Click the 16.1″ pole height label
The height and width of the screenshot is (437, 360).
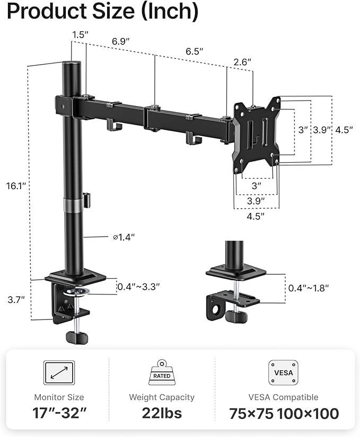17,186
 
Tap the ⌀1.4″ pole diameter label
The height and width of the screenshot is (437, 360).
124,237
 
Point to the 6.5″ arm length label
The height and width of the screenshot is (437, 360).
194,51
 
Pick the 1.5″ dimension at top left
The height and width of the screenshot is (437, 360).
80,34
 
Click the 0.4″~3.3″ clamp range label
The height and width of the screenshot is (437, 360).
138,287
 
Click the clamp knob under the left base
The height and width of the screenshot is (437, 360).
77,336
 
